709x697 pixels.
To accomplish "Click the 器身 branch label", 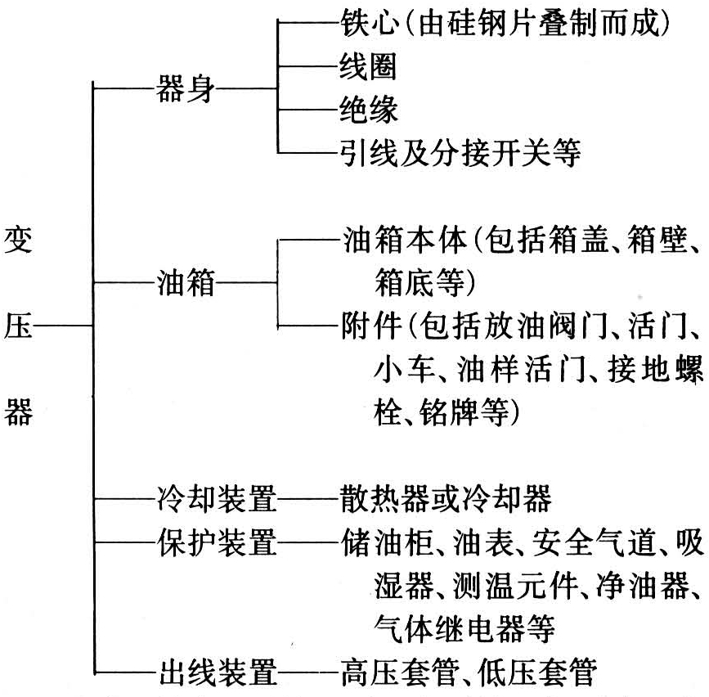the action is point(186,88).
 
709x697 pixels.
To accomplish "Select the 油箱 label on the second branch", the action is point(186,282).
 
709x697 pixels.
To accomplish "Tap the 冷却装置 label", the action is point(217,498).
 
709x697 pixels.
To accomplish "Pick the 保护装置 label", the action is point(217,542).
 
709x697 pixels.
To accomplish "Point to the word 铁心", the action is point(370,23).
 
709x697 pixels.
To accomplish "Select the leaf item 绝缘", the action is point(369,110).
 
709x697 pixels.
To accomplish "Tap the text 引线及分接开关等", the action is point(460,153).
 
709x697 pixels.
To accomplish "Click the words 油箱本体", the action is point(405,239).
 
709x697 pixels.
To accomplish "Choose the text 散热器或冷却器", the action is point(446,498).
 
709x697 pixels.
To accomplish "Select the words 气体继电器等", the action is point(464,629).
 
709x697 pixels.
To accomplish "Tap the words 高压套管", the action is point(400,672).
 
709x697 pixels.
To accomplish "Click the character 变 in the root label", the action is point(18,239).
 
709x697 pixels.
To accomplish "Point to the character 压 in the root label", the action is point(18,326).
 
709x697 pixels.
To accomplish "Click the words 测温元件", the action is point(516,585).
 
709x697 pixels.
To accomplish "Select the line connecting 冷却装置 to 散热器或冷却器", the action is point(309,499).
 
